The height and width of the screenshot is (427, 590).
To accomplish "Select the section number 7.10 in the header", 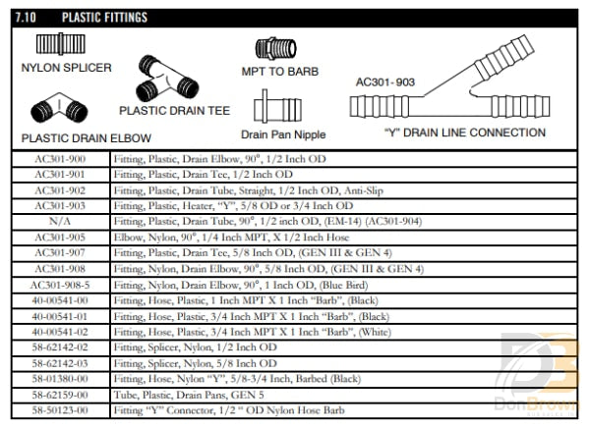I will point(31,17).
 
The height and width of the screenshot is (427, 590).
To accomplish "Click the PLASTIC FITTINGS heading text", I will point(104,17).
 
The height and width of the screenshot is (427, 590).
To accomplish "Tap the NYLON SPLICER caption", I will point(66,68).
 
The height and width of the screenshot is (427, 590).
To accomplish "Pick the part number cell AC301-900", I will point(60,158).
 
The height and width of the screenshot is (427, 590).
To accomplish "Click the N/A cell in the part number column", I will point(60,221).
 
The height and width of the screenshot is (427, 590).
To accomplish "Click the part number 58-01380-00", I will point(60,378).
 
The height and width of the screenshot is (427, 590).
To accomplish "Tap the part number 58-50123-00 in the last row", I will point(60,409).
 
